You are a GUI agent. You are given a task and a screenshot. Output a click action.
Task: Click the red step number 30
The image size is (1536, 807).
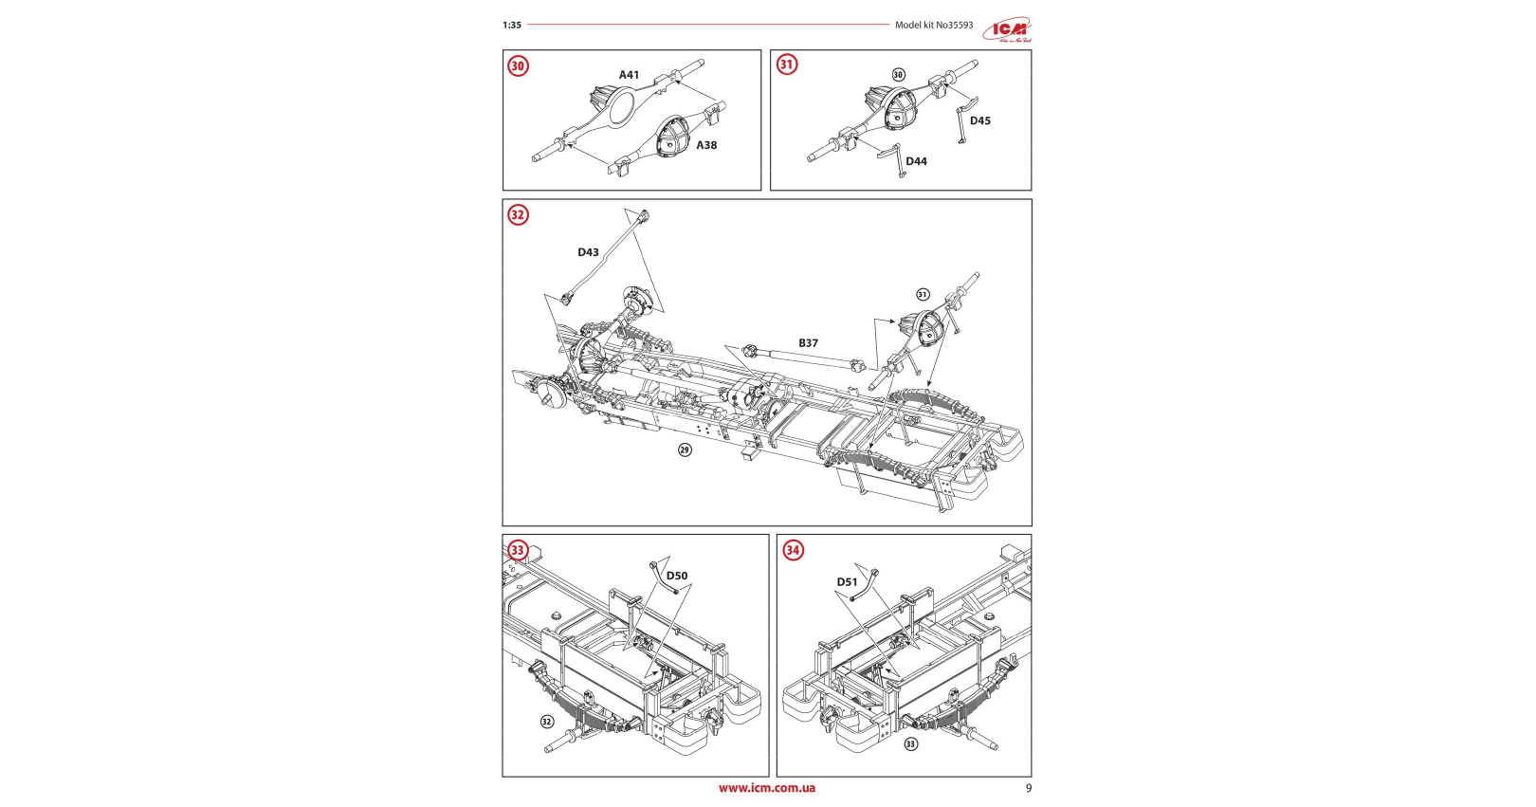point(518,66)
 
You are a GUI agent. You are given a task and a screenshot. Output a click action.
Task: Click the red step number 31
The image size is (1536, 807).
point(787,64)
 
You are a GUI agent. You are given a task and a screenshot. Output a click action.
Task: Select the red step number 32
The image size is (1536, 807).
point(518,215)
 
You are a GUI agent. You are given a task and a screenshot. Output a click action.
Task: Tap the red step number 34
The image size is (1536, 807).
point(793,550)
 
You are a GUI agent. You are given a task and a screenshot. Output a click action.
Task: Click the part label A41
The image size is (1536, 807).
point(629,75)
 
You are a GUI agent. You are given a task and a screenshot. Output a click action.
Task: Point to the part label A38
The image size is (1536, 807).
point(706,145)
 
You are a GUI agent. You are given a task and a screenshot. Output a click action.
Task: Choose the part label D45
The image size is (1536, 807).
point(979,120)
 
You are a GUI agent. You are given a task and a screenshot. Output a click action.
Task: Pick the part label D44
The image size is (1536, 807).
point(916,161)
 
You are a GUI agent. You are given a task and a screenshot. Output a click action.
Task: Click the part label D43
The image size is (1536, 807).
point(588,252)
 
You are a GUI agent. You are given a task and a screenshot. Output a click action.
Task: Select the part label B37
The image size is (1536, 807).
point(808,343)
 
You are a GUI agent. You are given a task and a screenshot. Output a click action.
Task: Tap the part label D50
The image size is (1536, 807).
point(677,576)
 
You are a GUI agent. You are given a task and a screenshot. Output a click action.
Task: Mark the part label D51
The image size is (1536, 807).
point(847,582)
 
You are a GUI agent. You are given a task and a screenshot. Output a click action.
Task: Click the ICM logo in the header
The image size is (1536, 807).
point(1006,29)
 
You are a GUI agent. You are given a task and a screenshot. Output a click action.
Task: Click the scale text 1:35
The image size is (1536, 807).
point(512,26)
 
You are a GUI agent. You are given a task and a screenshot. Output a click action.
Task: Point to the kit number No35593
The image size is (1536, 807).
point(954,26)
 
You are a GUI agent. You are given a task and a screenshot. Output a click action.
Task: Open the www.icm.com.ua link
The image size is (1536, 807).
point(766,788)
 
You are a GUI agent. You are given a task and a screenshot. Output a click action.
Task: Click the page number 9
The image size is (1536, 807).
point(1029,788)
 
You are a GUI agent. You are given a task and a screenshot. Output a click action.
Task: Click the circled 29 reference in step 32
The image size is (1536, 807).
point(685,449)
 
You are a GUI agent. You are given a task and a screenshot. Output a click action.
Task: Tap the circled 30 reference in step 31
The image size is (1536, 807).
point(899,75)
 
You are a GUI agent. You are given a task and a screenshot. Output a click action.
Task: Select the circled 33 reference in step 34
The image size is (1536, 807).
point(910,743)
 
